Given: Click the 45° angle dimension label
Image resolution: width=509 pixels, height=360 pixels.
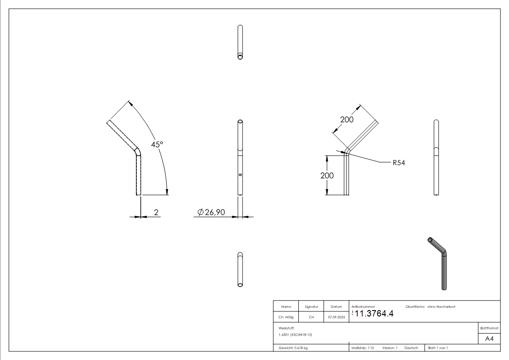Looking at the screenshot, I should click(157, 144).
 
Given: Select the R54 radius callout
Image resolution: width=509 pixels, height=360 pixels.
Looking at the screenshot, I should click(398, 163).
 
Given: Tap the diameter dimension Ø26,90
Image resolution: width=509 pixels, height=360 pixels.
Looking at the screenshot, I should click(211, 212).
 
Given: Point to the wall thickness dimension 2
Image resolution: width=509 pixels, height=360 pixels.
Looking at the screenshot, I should click(156, 212).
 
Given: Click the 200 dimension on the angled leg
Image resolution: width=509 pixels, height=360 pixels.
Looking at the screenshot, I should click(347, 120).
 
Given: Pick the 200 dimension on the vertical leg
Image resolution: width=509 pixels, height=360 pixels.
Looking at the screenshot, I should click(327, 175).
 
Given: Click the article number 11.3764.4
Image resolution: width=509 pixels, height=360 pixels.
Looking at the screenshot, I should click(374, 314).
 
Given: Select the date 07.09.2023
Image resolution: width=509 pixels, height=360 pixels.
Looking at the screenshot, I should click(336, 317).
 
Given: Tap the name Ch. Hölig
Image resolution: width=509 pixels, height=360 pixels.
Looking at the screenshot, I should click(286, 317).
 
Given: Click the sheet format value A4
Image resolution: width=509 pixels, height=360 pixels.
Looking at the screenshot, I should click(490, 339).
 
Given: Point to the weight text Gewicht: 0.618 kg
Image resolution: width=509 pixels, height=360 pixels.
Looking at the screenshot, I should click(293, 348).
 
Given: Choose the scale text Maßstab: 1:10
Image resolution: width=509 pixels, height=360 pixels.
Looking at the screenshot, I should click(363, 348).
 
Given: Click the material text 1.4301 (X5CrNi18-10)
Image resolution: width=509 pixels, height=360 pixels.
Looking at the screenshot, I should click(296, 335).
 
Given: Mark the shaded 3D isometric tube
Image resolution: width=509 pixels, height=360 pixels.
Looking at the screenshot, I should click(441, 263).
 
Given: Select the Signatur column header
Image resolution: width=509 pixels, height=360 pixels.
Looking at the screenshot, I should click(311, 306).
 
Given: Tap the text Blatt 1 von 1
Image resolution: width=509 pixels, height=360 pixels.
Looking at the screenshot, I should click(438, 348).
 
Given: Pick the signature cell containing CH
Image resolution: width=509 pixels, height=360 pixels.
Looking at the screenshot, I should click(311, 317).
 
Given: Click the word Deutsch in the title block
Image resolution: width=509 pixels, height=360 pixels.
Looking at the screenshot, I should click(411, 348).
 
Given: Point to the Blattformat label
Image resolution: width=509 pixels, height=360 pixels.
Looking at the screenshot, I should click(490, 328).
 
